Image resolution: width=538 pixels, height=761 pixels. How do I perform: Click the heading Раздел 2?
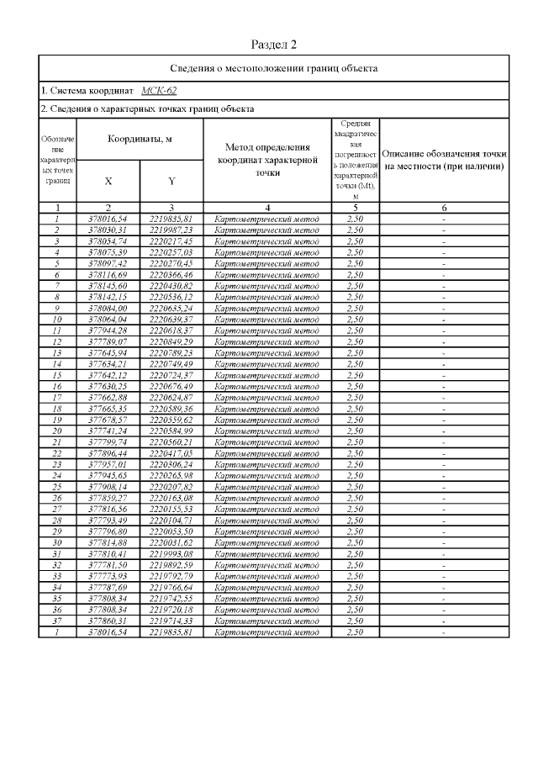click(x=274, y=45)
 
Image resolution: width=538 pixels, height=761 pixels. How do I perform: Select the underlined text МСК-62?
click(x=159, y=90)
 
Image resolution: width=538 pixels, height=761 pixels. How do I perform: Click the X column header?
click(x=108, y=180)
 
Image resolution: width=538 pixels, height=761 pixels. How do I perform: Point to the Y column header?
click(x=171, y=180)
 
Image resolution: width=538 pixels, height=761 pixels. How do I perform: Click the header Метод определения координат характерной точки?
click(x=266, y=160)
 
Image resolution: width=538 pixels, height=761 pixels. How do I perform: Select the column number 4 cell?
click(x=266, y=207)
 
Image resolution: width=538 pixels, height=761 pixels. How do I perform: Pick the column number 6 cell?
click(x=444, y=207)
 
